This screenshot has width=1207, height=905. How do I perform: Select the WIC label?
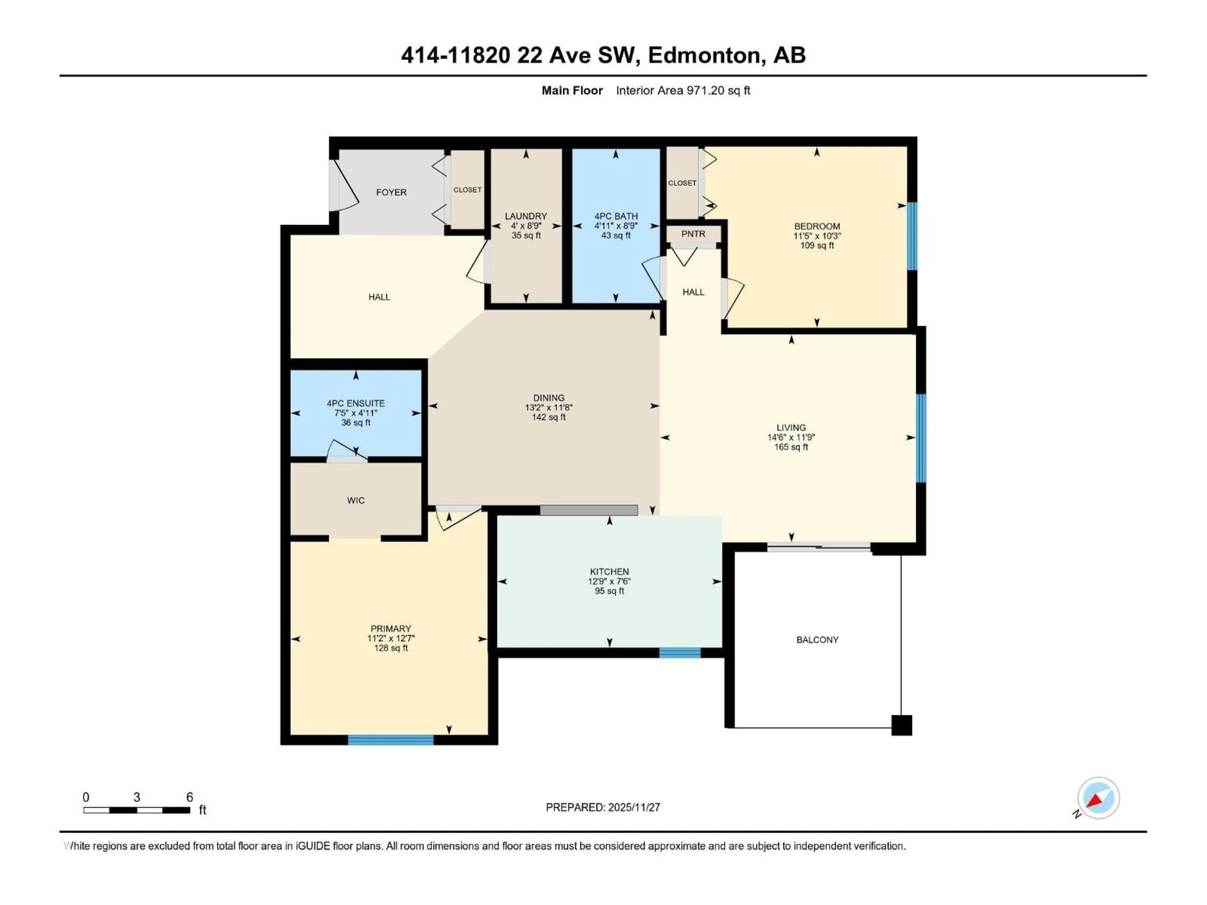click(x=356, y=500)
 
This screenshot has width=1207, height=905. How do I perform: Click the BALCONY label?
click(x=817, y=639)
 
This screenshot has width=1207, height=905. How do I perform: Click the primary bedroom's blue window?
click(x=391, y=740)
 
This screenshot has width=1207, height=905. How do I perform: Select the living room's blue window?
click(x=921, y=438)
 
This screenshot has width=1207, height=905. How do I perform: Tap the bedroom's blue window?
click(x=912, y=236)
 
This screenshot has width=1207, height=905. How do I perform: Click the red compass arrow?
click(x=1094, y=801)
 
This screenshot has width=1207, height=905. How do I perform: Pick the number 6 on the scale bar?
click(x=189, y=797)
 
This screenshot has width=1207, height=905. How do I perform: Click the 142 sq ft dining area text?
click(x=548, y=417)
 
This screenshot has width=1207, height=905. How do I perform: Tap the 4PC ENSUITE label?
click(x=356, y=403)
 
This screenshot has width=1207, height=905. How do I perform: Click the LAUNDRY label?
click(x=526, y=216)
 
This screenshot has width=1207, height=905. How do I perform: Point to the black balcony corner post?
click(x=901, y=725)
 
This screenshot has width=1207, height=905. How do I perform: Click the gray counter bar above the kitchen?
click(x=589, y=510)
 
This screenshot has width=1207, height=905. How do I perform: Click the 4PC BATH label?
click(x=616, y=216)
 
